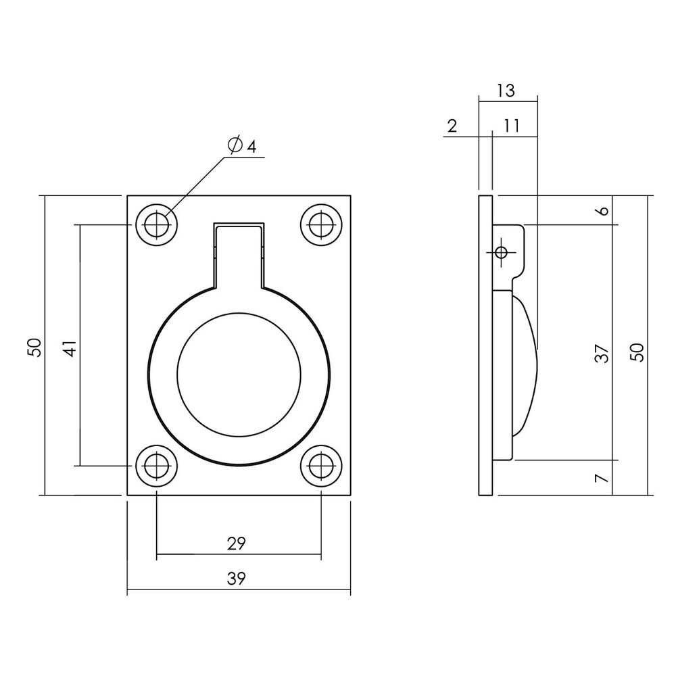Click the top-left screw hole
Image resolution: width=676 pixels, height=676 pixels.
click(x=157, y=224)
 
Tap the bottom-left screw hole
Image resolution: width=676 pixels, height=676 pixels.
click(x=157, y=465)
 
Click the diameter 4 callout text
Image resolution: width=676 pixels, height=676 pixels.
click(x=243, y=145)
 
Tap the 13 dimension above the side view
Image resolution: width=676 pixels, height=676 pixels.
click(x=506, y=90)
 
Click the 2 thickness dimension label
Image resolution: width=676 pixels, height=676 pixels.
click(x=452, y=125)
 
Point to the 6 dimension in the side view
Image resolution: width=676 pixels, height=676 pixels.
click(x=604, y=210)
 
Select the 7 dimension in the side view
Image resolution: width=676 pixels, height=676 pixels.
click(x=604, y=478)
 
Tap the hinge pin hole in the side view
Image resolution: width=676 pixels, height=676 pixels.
click(x=501, y=253)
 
